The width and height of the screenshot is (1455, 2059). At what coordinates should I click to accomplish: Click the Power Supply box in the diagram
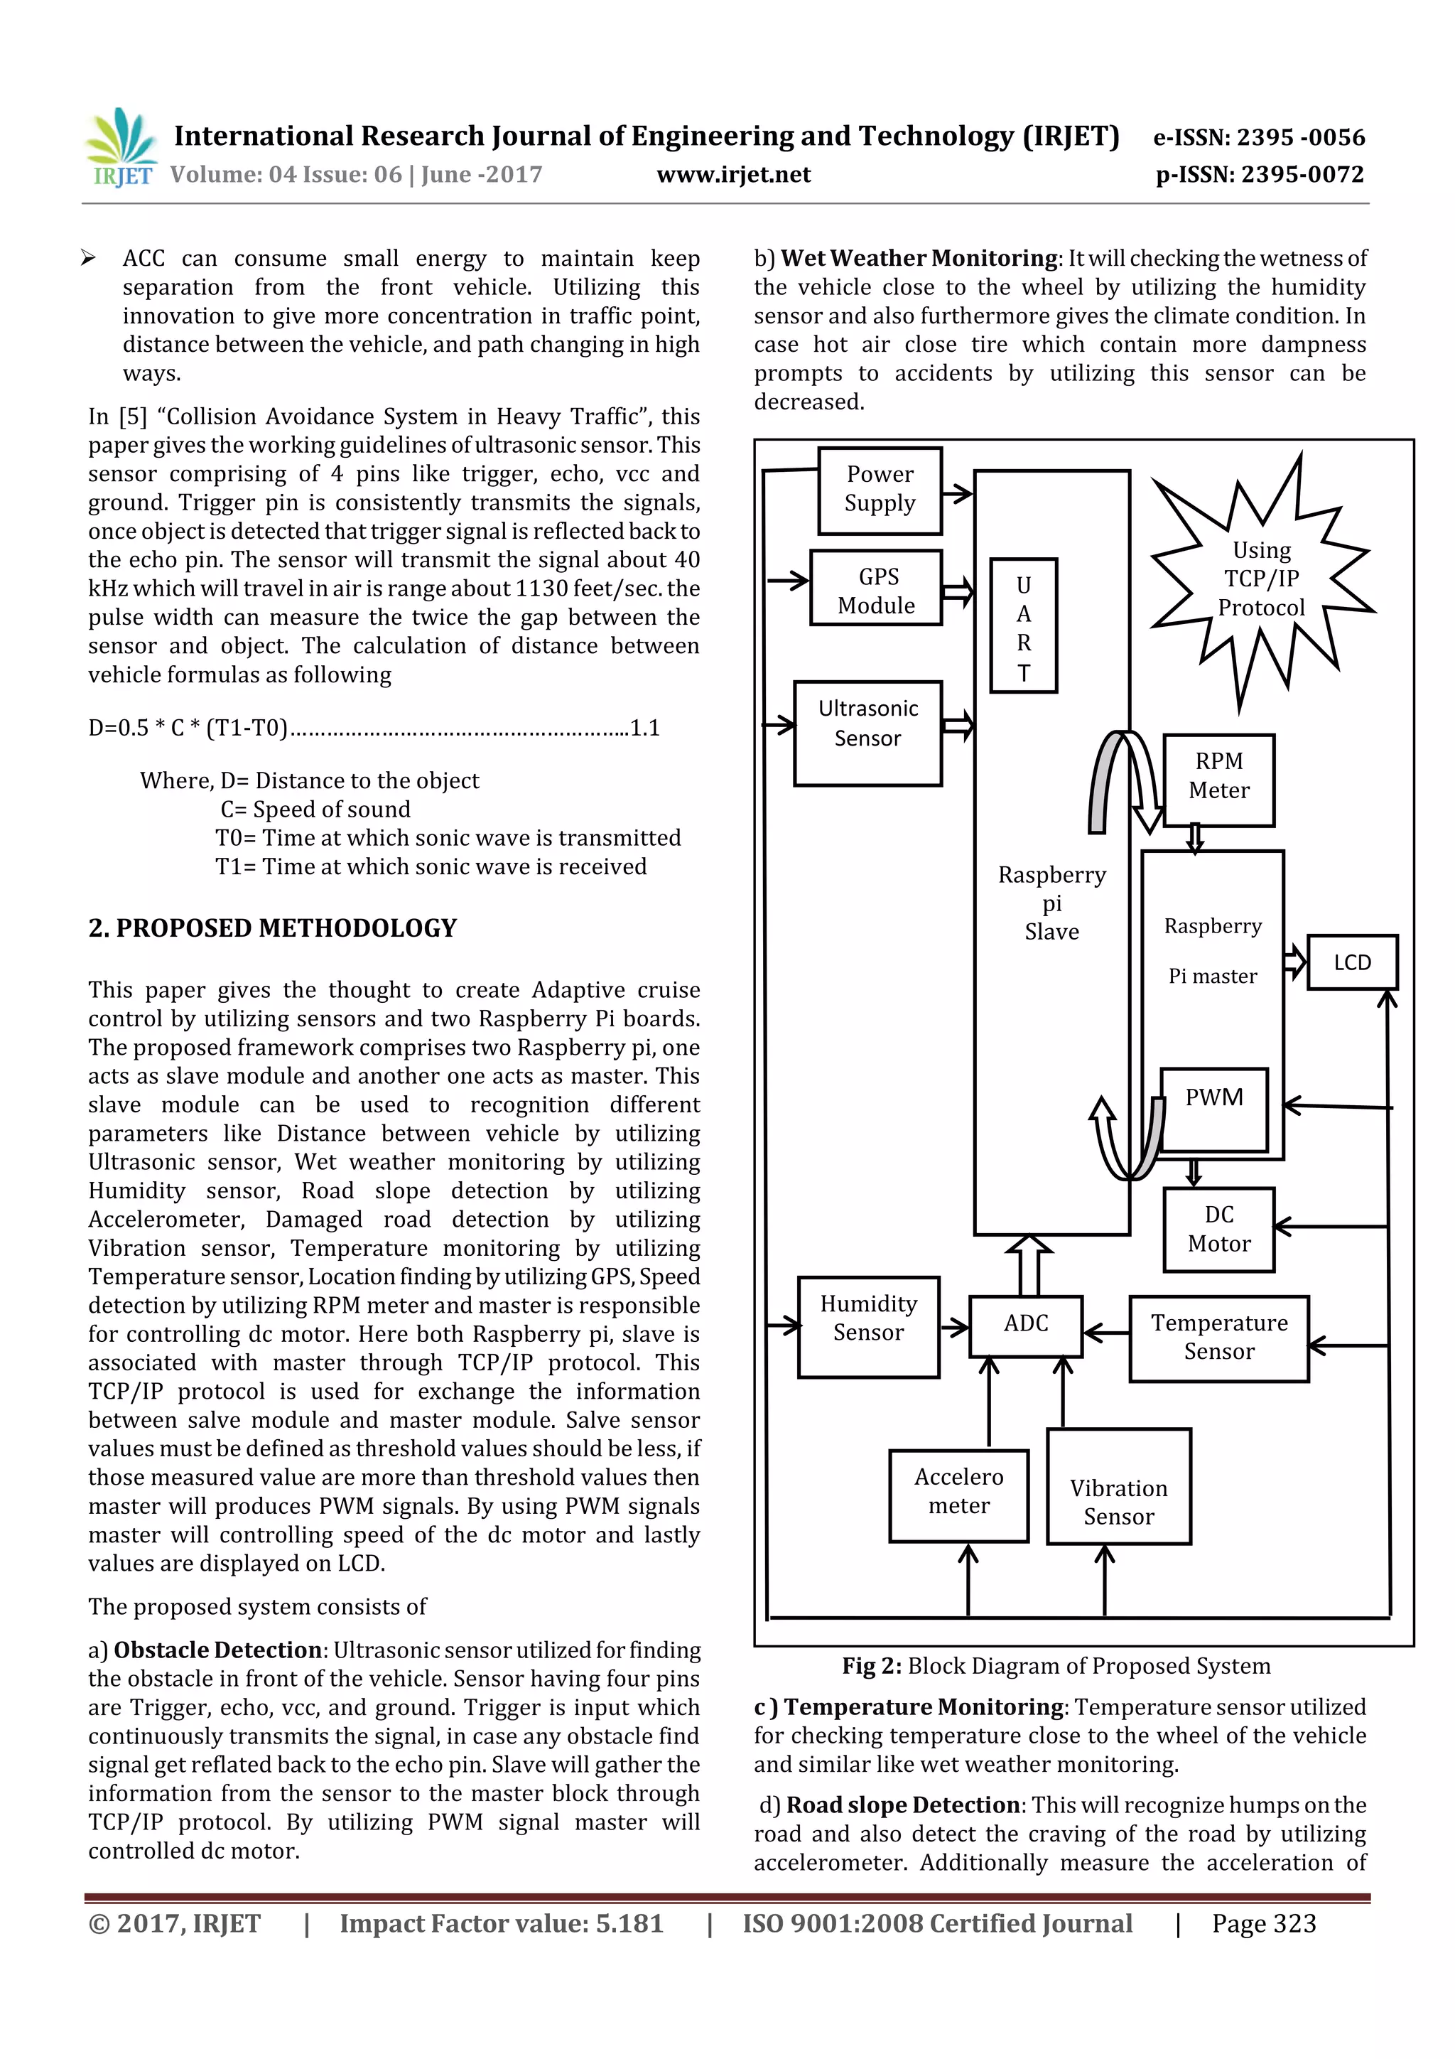(879, 490)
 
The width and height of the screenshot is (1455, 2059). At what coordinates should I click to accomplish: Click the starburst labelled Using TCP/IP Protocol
(1260, 579)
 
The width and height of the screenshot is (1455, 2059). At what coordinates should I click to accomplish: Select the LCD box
(1351, 962)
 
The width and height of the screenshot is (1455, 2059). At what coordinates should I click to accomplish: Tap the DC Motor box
(1218, 1229)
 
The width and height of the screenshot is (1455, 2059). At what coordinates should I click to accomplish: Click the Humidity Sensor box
(867, 1326)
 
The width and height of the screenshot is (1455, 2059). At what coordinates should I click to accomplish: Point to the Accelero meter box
(958, 1495)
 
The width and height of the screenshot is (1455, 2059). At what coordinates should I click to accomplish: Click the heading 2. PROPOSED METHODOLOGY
(273, 928)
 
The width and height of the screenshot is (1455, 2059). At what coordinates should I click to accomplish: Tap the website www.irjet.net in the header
(732, 175)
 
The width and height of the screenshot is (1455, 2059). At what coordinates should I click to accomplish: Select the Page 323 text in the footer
(1263, 1923)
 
